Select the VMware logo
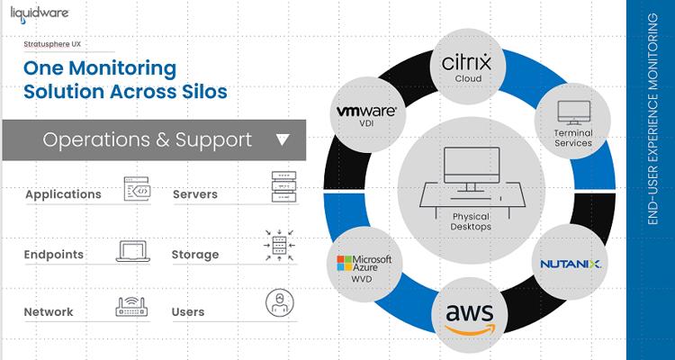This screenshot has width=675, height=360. (x=365, y=111)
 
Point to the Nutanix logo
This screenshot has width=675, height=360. (x=571, y=264)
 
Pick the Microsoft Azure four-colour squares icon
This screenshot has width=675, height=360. (x=343, y=264)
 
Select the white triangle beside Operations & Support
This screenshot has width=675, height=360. (x=282, y=139)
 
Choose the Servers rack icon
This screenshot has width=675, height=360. (x=283, y=192)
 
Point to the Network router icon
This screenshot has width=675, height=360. (x=132, y=309)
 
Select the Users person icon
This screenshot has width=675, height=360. (x=280, y=305)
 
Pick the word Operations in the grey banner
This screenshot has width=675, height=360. (x=96, y=139)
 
